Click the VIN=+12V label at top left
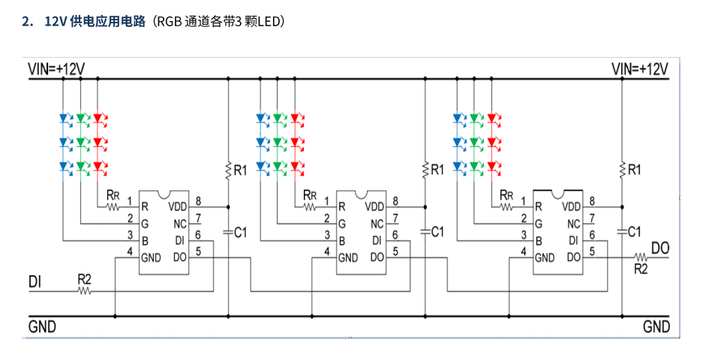pos(56,70)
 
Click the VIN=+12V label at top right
pos(640,70)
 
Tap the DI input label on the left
pos(35,282)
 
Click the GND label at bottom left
pos(42,327)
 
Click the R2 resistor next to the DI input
pos(84,289)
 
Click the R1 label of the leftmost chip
pos(240,171)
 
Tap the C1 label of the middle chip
pos(437,232)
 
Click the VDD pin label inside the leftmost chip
pos(178,206)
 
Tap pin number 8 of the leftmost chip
pos(198,201)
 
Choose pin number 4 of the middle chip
pos(326,251)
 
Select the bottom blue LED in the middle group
pos(261,166)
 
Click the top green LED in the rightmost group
pos(475,118)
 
